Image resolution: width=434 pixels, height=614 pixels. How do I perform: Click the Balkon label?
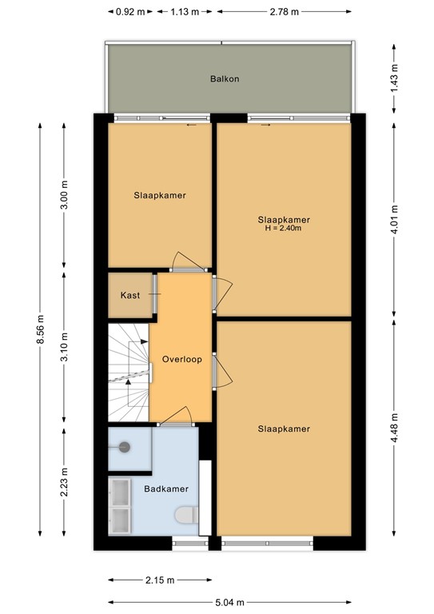[225, 79]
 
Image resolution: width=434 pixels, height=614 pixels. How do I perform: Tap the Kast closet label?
[130, 295]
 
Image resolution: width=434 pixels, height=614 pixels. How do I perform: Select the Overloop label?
[181, 359]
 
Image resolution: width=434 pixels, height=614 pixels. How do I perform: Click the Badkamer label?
[165, 488]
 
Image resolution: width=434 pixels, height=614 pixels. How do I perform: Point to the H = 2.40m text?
[284, 229]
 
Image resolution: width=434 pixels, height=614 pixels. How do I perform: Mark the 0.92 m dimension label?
[130, 12]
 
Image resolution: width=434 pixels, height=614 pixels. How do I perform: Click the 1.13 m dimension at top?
[184, 12]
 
